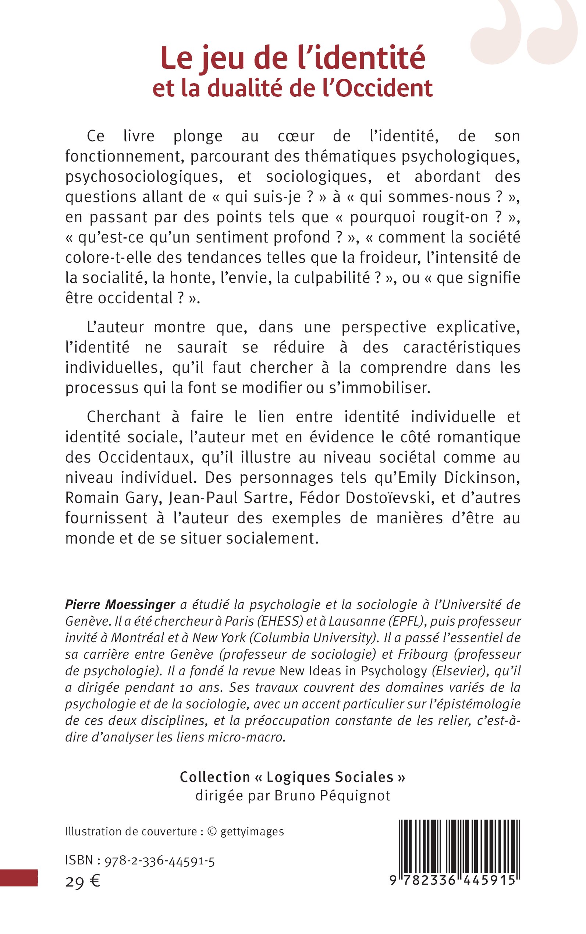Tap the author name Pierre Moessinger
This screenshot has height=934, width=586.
(120, 604)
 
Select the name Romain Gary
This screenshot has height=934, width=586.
(113, 498)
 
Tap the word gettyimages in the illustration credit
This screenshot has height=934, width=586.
(252, 832)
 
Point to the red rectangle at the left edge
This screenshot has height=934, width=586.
(19, 878)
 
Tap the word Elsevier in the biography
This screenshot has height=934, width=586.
(458, 671)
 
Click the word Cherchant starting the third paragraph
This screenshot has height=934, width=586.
(123, 417)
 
